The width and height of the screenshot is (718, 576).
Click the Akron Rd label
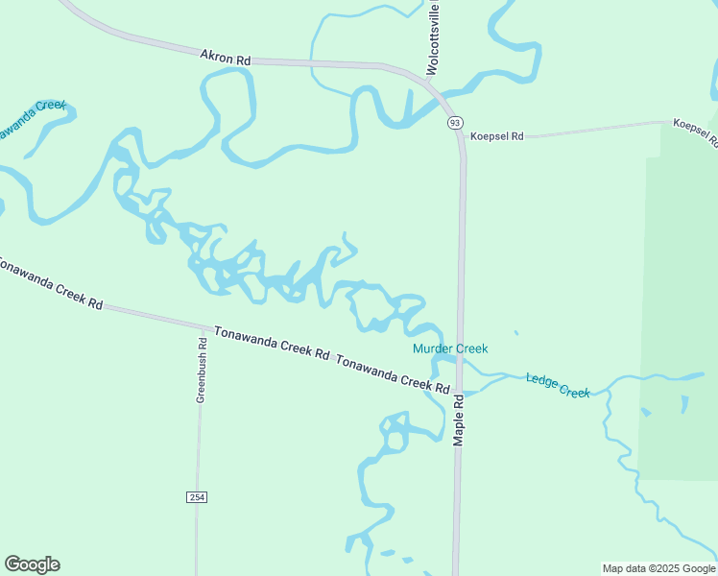(x=225, y=59)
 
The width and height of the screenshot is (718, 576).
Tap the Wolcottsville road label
(x=433, y=38)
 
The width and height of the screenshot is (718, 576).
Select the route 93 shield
(x=454, y=122)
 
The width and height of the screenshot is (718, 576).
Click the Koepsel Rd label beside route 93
(x=496, y=136)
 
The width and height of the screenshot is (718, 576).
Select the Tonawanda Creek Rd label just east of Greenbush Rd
(x=272, y=342)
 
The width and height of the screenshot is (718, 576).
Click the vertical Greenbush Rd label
(x=203, y=370)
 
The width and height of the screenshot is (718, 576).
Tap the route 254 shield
(x=197, y=496)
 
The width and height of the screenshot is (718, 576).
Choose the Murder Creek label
(x=450, y=348)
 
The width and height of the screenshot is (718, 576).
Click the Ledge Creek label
(x=558, y=385)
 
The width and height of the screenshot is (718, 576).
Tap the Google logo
(x=32, y=564)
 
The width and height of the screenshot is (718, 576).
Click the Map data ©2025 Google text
(x=658, y=568)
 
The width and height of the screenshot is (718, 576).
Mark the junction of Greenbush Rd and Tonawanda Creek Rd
(x=203, y=325)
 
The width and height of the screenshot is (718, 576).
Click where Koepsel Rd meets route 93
(x=463, y=137)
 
